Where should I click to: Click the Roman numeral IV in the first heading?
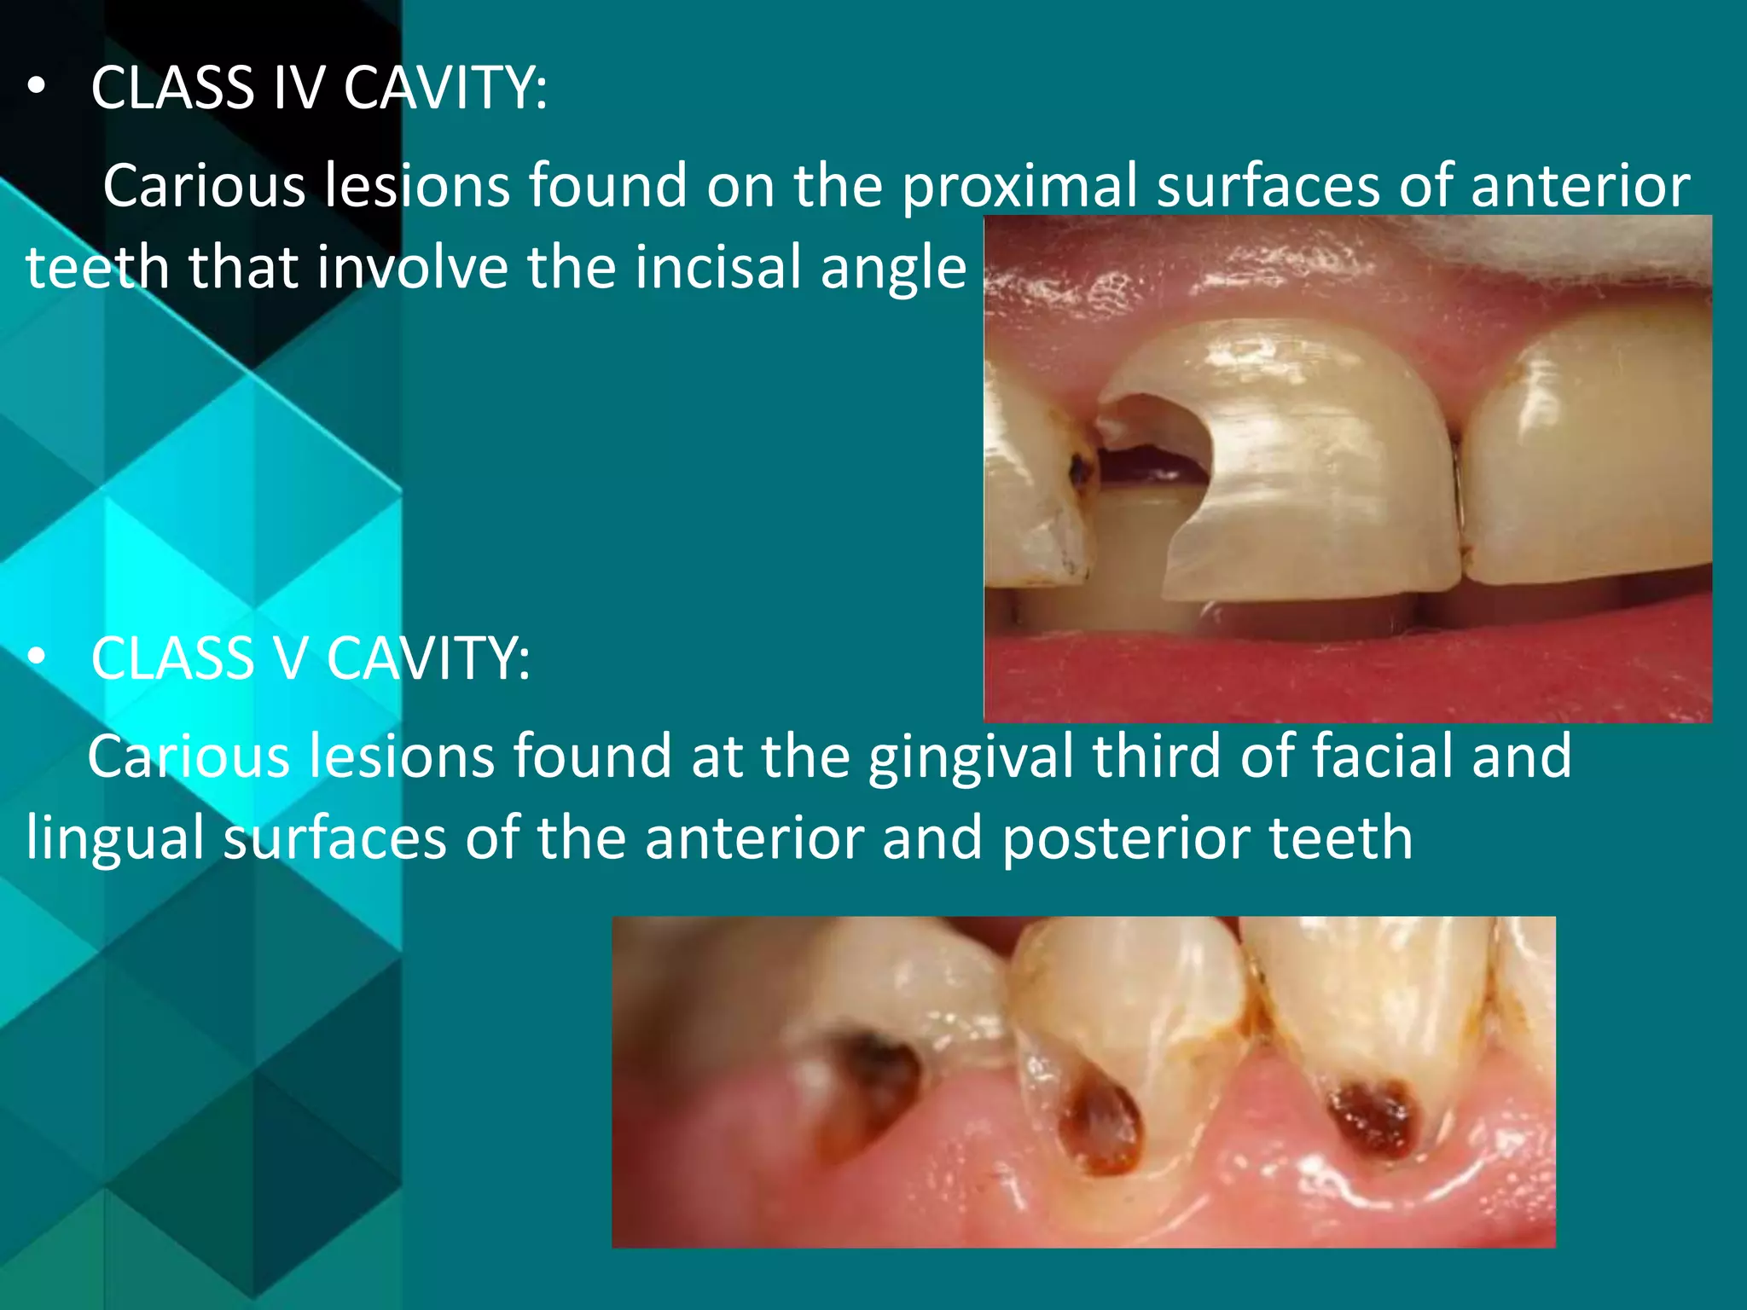[298, 88]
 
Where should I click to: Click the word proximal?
[1019, 187]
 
